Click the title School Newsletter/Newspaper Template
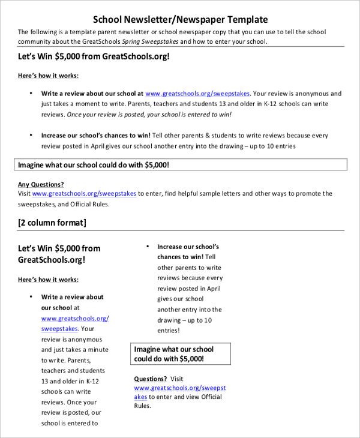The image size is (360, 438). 181,19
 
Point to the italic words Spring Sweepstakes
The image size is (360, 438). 149,41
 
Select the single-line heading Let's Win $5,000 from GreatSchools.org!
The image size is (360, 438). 94,56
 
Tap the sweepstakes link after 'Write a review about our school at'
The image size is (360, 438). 197,94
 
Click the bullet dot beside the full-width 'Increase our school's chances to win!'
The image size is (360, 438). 31,136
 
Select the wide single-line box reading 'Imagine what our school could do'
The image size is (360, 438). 180,164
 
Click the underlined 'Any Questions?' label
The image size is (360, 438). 41,184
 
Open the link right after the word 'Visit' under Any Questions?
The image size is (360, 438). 84,194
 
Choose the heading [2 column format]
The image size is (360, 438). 52,223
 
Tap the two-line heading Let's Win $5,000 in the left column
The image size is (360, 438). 59,254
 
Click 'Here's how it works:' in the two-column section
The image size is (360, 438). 48,280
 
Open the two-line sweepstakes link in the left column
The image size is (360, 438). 74,323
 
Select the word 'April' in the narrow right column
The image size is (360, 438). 214,289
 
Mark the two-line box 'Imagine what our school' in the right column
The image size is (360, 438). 181,353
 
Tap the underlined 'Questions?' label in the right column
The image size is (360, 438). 150,379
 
